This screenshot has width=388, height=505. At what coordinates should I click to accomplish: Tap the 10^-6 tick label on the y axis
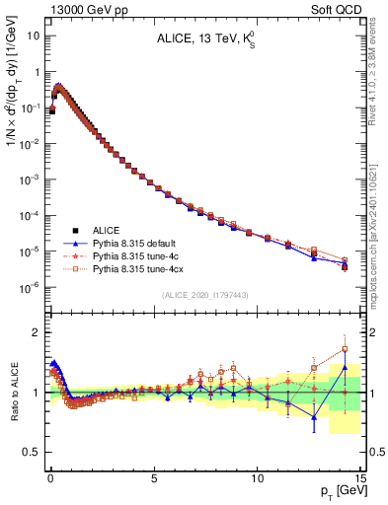tap(29, 288)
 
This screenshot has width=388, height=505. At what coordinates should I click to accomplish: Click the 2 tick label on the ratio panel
tap(36, 332)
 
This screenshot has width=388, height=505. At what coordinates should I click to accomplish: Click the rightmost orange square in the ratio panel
tap(345, 349)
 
